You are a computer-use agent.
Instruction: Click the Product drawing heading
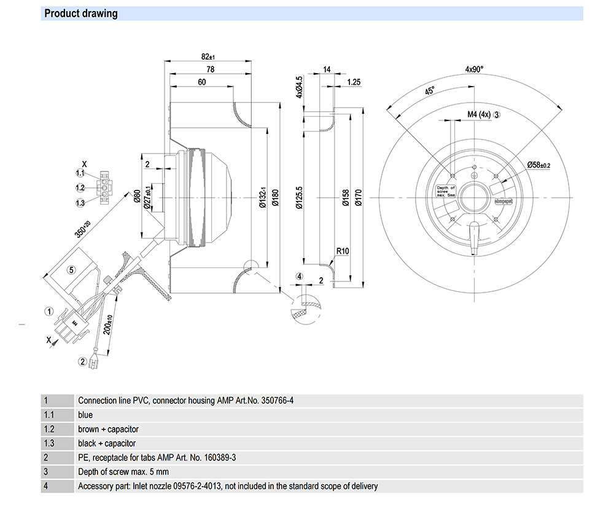tap(81, 14)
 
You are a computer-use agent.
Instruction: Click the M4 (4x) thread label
tap(478, 114)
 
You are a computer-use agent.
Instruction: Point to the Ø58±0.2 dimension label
tap(538, 165)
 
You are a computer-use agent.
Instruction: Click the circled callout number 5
tap(71, 269)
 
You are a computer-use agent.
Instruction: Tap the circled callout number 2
tap(82, 361)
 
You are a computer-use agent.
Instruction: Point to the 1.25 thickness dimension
tap(354, 82)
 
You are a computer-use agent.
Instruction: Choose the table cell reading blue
tap(85, 415)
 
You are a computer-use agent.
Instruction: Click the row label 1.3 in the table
tap(49, 443)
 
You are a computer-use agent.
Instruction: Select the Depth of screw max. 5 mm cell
tap(123, 472)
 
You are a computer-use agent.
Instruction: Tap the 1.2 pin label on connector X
tap(80, 187)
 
